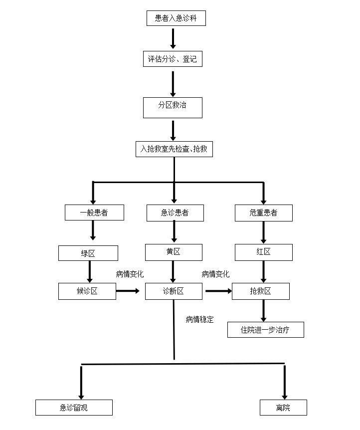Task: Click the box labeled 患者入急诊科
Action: coord(176,18)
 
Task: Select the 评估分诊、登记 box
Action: coord(173,59)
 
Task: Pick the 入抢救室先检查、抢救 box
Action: coord(174,149)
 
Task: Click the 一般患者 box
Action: coord(94,213)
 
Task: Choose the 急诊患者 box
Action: coord(175,213)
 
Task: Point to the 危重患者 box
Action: coord(263,213)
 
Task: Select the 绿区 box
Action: coord(88,253)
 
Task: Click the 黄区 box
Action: coord(174,252)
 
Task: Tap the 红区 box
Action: coord(263,252)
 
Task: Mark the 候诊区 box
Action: coord(87,291)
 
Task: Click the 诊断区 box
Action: coord(174,291)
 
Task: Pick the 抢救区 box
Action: coord(260,291)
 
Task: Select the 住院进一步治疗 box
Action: coord(265,330)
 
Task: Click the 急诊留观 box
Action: coord(74,408)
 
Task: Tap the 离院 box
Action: coord(283,408)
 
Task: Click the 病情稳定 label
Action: coord(199,320)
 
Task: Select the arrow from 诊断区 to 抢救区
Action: coord(218,291)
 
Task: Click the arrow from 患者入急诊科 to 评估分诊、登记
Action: coord(173,38)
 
